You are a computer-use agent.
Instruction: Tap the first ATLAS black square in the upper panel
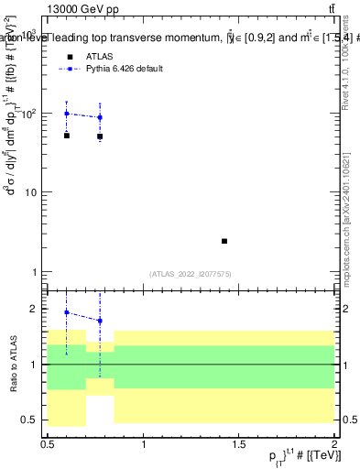point(67,136)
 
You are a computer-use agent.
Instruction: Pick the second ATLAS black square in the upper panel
point(100,136)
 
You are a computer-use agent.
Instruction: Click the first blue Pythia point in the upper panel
point(67,114)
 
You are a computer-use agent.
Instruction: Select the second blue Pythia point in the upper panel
point(100,117)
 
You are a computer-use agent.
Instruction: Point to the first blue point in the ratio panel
point(67,312)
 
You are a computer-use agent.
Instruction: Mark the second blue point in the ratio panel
point(100,321)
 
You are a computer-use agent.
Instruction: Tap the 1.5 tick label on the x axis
point(240,442)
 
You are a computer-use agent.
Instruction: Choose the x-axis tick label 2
point(334,442)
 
